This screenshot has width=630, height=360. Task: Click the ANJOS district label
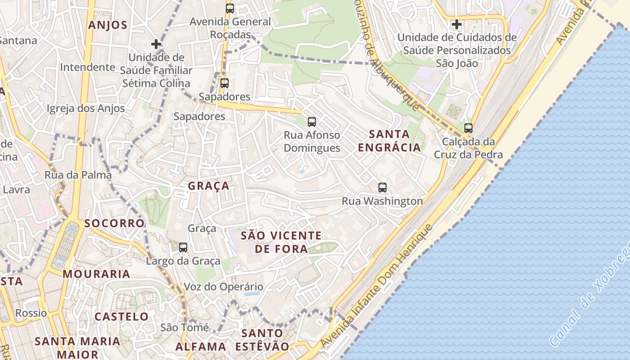tap(108, 25)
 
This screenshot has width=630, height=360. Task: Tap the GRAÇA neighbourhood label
tap(208, 186)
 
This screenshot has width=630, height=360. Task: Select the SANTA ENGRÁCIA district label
tap(389, 140)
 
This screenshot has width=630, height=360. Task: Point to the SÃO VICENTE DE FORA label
tap(281, 242)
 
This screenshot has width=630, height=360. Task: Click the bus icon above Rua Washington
tap(382, 188)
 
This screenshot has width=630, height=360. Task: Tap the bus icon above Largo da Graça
tap(183, 247)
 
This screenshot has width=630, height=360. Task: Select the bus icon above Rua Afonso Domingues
tap(311, 121)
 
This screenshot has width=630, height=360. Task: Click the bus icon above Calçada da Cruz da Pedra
tap(468, 128)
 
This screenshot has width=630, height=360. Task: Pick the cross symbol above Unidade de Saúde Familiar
tap(156, 44)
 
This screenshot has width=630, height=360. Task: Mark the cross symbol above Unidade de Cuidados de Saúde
tap(457, 24)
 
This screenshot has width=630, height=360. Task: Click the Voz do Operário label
tap(223, 287)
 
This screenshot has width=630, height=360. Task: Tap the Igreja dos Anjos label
tap(85, 108)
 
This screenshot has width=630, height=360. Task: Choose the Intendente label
tap(88, 67)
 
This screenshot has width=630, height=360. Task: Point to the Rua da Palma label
tap(78, 175)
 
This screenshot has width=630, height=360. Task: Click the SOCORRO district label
tap(114, 223)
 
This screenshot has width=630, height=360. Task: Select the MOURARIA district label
tap(96, 274)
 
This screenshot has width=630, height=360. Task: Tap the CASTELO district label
tap(121, 316)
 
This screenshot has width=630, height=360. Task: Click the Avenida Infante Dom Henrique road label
tap(377, 286)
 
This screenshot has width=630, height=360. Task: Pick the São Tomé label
tap(184, 328)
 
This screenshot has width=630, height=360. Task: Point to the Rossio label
tap(31, 313)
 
